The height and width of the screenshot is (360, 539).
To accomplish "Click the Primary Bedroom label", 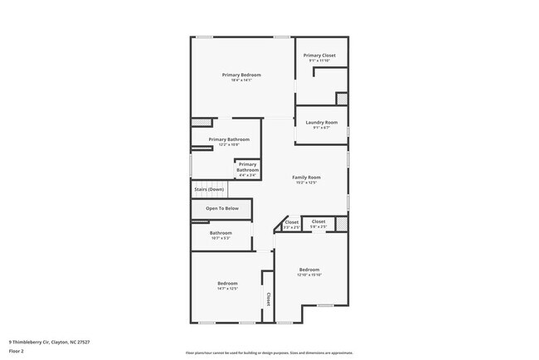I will click(241, 75).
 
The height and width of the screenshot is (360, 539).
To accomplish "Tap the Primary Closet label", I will click(319, 56).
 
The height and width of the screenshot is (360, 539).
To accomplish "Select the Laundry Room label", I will click(321, 123).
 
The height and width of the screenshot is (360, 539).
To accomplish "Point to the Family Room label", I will click(306, 177).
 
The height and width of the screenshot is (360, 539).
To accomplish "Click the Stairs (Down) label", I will click(209, 190).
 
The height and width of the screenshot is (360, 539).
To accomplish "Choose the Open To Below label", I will click(222, 208).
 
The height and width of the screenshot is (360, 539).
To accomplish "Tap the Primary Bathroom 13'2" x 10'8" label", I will click(229, 139).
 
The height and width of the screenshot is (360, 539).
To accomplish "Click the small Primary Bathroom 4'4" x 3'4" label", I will click(247, 168).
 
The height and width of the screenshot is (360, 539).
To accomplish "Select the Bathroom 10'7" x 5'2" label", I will click(221, 233).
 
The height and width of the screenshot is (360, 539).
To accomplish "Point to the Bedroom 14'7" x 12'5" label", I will click(227, 284).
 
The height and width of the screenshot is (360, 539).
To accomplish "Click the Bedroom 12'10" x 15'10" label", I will click(309, 270).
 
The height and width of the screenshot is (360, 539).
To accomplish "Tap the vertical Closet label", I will click(268, 297).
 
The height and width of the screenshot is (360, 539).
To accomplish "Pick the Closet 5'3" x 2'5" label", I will click(292, 222).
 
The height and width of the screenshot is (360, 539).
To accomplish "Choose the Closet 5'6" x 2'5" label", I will click(318, 222).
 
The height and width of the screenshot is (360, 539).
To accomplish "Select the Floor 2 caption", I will click(17, 351).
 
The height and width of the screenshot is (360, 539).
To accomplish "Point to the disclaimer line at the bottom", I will click(269, 353).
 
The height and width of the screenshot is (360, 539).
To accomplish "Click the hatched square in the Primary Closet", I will click(341, 98).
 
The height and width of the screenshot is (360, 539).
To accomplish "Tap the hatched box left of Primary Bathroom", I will click(197, 122).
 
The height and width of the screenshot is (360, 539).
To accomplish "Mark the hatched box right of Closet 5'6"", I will click(341, 222).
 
